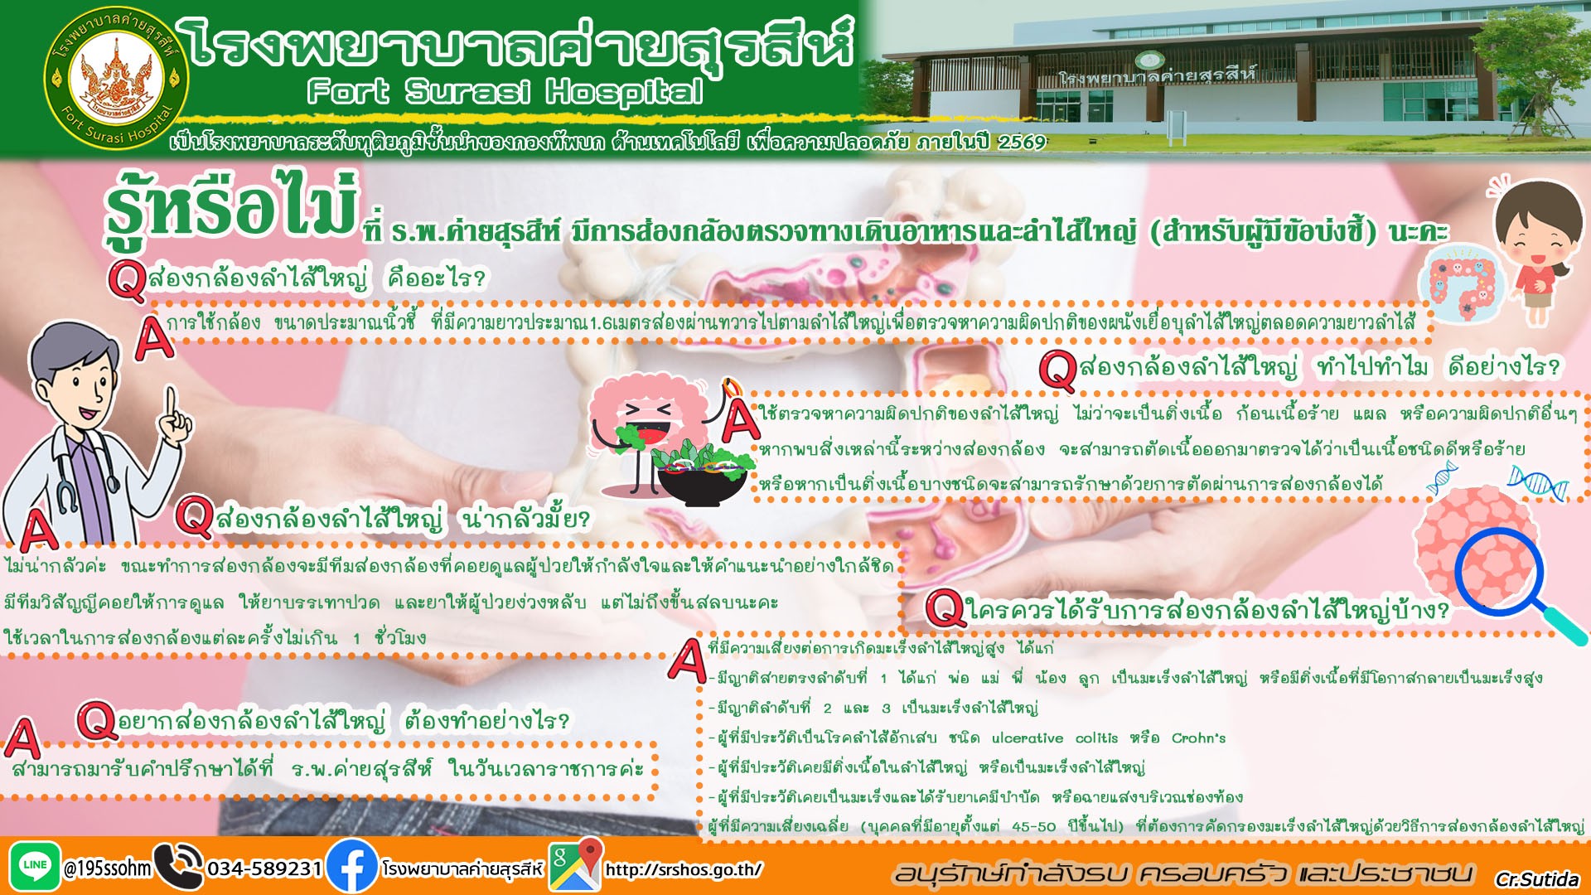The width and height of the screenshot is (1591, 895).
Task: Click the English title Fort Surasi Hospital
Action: point(505,91)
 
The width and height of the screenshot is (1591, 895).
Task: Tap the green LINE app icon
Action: point(35,867)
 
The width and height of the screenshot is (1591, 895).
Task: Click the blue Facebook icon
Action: point(352,867)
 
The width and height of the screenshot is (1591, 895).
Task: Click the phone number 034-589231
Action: point(264,868)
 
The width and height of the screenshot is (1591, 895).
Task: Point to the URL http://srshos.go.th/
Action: point(684,869)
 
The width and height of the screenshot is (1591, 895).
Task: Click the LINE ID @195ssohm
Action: point(108,868)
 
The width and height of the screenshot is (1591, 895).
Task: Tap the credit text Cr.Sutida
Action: point(1537,879)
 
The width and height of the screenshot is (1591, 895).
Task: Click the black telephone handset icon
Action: point(178,867)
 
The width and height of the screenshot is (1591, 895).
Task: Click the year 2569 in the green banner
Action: point(1022,143)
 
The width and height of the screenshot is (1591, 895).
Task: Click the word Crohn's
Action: point(1198,738)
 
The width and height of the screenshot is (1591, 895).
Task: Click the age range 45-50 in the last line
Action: point(1034,827)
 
